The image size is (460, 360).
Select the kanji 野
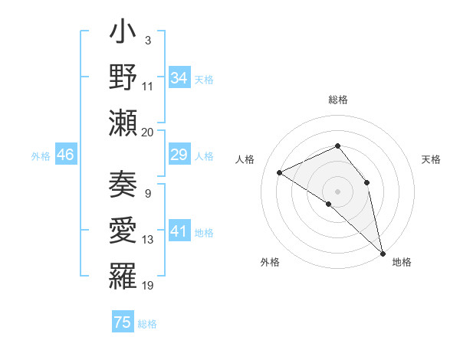(x=123, y=78)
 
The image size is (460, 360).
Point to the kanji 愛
(x=123, y=230)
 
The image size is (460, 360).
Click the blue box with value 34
(x=179, y=79)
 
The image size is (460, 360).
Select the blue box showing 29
(x=179, y=155)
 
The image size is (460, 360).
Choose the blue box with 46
(x=65, y=155)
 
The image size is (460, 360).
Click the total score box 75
(x=122, y=322)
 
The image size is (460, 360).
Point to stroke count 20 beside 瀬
(x=148, y=132)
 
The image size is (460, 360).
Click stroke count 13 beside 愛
(x=148, y=240)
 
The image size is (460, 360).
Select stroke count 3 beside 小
(x=147, y=40)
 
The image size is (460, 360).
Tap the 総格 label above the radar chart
(x=337, y=100)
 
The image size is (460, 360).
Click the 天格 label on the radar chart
(x=431, y=159)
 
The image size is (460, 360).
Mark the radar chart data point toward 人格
(x=280, y=172)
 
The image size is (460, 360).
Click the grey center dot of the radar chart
(x=337, y=191)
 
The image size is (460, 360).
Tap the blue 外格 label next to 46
(x=41, y=156)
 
